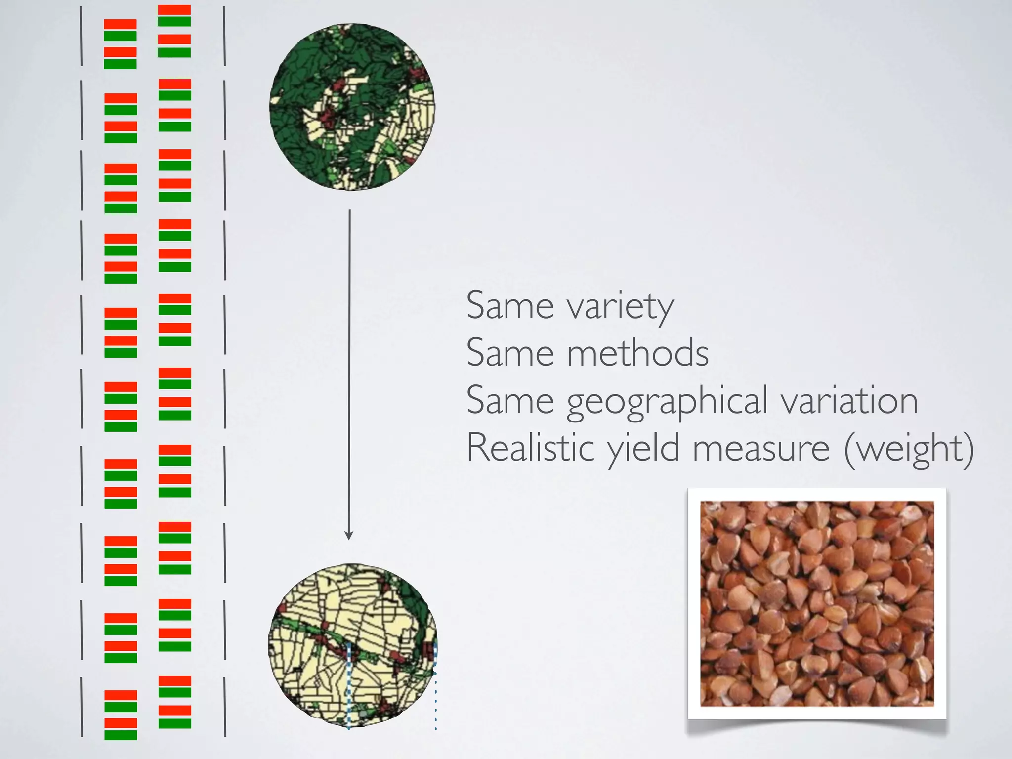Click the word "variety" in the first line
point(620,307)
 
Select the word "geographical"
point(667,401)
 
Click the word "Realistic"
point(530,448)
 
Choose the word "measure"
point(761,449)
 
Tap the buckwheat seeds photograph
point(817,603)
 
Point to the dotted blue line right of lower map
point(435,702)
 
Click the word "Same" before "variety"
point(510,306)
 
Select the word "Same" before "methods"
point(510,353)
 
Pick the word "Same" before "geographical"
point(510,401)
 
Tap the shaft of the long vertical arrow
point(349,371)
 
